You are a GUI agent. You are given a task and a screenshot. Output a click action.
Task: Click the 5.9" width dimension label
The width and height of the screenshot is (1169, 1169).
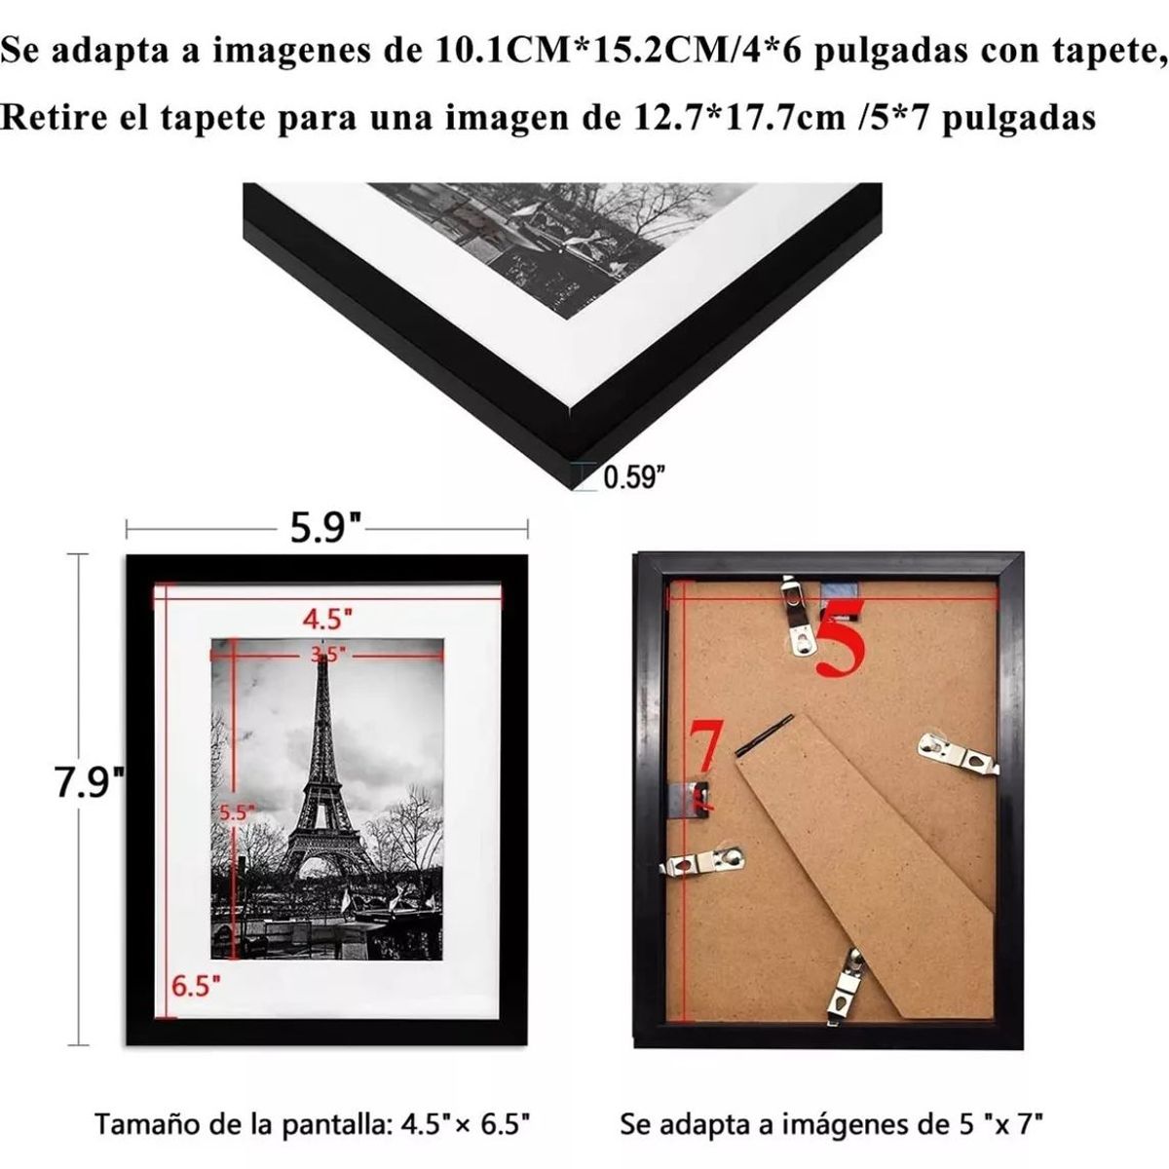coord(327,531)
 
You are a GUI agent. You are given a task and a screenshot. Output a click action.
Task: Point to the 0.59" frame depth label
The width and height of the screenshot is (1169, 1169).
coord(634,477)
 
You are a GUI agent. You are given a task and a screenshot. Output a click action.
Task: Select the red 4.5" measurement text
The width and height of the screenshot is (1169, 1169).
coord(326,618)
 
